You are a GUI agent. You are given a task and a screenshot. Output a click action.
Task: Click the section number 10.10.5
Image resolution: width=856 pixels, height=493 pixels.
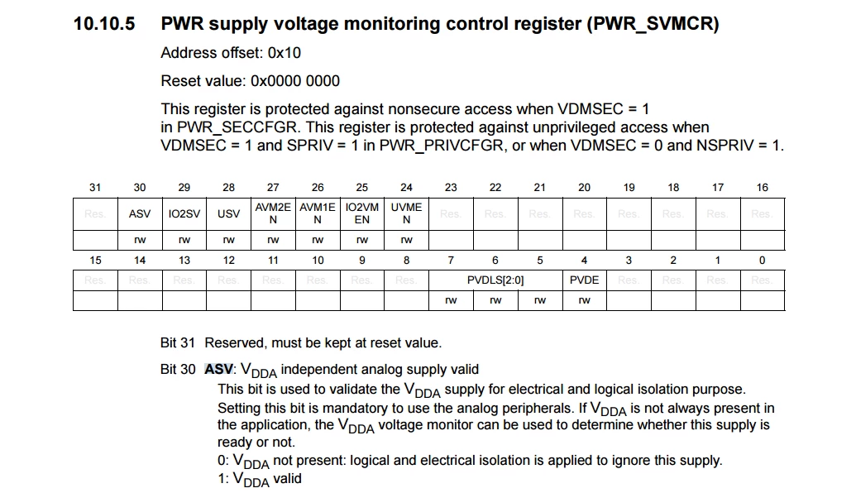pos(103,24)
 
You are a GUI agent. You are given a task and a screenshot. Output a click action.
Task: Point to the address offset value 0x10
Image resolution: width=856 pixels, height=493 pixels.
pos(284,53)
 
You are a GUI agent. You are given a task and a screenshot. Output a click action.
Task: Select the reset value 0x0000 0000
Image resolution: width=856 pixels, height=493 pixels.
pos(294,81)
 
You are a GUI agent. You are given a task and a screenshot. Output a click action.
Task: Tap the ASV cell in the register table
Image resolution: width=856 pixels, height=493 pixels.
pos(140,214)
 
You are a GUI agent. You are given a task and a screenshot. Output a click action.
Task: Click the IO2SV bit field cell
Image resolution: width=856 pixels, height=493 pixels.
pos(184,214)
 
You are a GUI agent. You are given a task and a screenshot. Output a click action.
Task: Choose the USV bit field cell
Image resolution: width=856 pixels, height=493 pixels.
pos(229,214)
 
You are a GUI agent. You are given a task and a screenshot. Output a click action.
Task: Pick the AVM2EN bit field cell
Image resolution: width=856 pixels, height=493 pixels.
pos(273,214)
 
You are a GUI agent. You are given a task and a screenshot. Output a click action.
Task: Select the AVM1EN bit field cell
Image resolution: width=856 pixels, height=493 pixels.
pos(318,214)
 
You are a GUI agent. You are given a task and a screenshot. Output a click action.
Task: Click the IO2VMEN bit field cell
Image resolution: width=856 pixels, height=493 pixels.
pos(362,214)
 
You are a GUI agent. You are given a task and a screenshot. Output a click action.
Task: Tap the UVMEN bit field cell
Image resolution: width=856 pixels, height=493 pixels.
pos(406,214)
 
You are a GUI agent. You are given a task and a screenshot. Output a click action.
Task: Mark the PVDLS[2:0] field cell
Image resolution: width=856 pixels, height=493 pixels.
pos(495,280)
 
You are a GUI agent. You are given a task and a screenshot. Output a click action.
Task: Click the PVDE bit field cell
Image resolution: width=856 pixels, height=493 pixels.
pos(584,280)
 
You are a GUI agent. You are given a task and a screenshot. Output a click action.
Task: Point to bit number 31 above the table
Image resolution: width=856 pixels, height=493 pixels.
pos(95,188)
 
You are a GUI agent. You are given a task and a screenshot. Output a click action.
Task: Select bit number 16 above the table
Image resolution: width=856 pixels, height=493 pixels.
pos(762,188)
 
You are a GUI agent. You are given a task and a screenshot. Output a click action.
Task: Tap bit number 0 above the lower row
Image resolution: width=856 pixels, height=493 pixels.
pos(762,261)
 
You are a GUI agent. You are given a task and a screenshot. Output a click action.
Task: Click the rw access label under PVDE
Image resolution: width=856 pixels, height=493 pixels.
pos(584,301)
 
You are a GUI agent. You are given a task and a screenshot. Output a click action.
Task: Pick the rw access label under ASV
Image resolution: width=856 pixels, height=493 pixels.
pos(140,240)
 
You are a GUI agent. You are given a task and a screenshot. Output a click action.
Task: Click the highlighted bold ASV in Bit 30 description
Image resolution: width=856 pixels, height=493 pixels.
pos(219,370)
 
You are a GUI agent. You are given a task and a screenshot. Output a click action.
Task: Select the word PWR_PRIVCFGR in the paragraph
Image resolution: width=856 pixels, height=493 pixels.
pos(441,146)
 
